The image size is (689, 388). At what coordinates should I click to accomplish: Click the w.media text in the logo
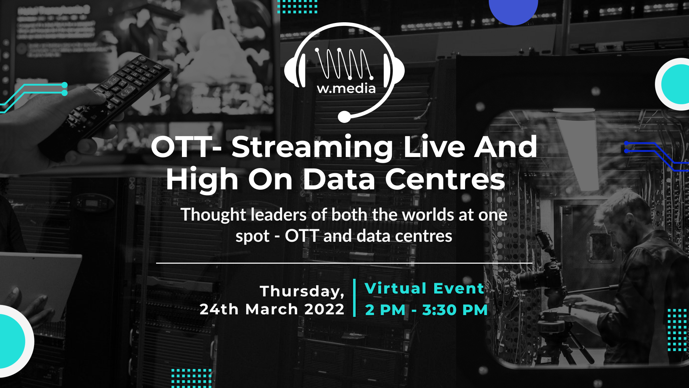(x=346, y=88)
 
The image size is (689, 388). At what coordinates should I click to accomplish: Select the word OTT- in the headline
(x=186, y=147)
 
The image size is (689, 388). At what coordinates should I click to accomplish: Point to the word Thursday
(x=302, y=291)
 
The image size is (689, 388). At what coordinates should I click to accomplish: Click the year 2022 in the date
(x=324, y=309)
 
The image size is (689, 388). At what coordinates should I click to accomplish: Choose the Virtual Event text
(x=425, y=288)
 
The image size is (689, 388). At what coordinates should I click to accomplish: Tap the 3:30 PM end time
(x=455, y=310)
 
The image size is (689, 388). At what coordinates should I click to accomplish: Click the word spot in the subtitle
(x=252, y=237)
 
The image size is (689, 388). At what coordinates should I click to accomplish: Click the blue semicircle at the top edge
(x=514, y=11)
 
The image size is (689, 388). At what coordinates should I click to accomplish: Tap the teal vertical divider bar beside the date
(x=355, y=298)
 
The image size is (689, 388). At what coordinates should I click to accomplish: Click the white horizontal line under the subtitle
(x=344, y=263)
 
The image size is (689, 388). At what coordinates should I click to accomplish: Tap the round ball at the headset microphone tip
(x=344, y=117)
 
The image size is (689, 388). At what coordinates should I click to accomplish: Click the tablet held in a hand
(x=39, y=284)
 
